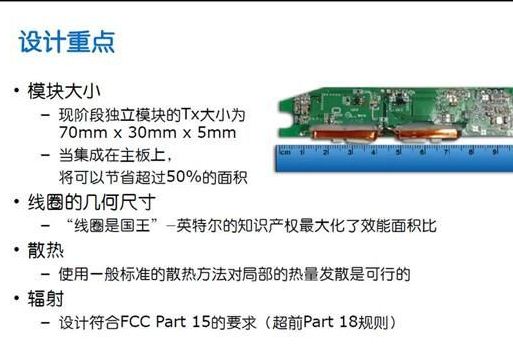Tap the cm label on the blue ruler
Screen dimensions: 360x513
point(285,152)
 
